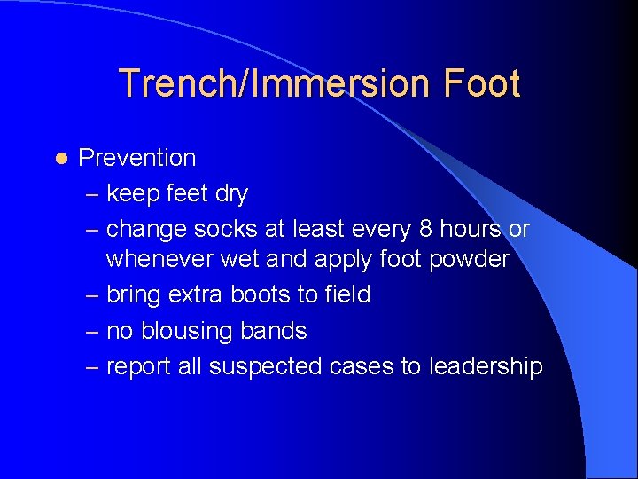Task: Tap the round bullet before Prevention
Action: (x=59, y=158)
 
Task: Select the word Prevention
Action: (x=137, y=158)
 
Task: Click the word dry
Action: (x=231, y=193)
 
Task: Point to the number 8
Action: (x=425, y=229)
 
